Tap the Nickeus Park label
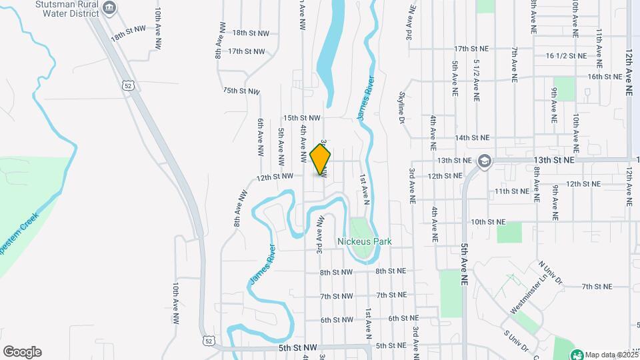[364, 242]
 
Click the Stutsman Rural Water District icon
[110, 8]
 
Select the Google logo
[22, 352]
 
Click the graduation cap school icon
[484, 161]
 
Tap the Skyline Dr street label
[402, 107]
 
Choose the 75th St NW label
[240, 90]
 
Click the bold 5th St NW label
[297, 348]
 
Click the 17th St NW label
[246, 51]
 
